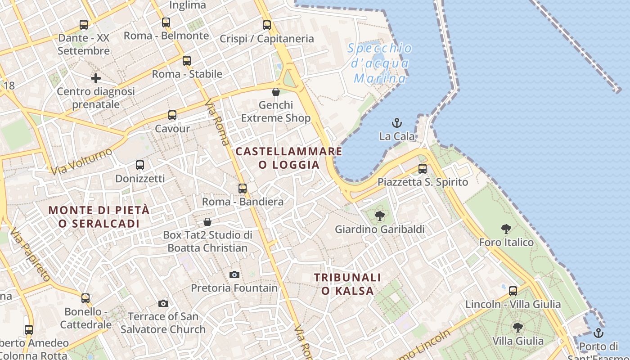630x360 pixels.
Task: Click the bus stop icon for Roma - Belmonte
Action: (166, 22)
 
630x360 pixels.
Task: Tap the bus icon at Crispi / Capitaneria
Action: (267, 25)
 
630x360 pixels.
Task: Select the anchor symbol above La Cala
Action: (397, 122)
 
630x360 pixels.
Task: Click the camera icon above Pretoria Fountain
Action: (234, 274)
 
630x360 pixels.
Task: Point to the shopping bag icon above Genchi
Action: (276, 92)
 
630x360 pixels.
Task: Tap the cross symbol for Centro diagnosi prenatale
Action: (96, 78)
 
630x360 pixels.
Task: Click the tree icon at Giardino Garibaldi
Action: (379, 216)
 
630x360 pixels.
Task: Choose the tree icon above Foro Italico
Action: (506, 229)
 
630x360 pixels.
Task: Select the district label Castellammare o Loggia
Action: (289, 158)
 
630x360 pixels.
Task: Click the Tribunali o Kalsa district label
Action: (347, 284)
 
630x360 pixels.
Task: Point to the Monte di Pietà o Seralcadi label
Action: (99, 216)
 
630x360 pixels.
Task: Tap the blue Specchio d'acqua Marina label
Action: (380, 63)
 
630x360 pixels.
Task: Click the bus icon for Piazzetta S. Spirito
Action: (423, 169)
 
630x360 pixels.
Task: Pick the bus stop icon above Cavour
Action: (172, 115)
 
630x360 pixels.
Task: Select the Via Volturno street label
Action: (81, 162)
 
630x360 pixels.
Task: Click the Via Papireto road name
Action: (30, 254)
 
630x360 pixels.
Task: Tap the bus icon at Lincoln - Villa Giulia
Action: (513, 291)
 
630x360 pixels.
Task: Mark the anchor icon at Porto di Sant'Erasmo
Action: (598, 333)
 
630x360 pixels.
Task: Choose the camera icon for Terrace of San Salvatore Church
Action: (163, 303)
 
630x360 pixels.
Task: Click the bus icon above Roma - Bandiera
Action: (243, 189)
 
